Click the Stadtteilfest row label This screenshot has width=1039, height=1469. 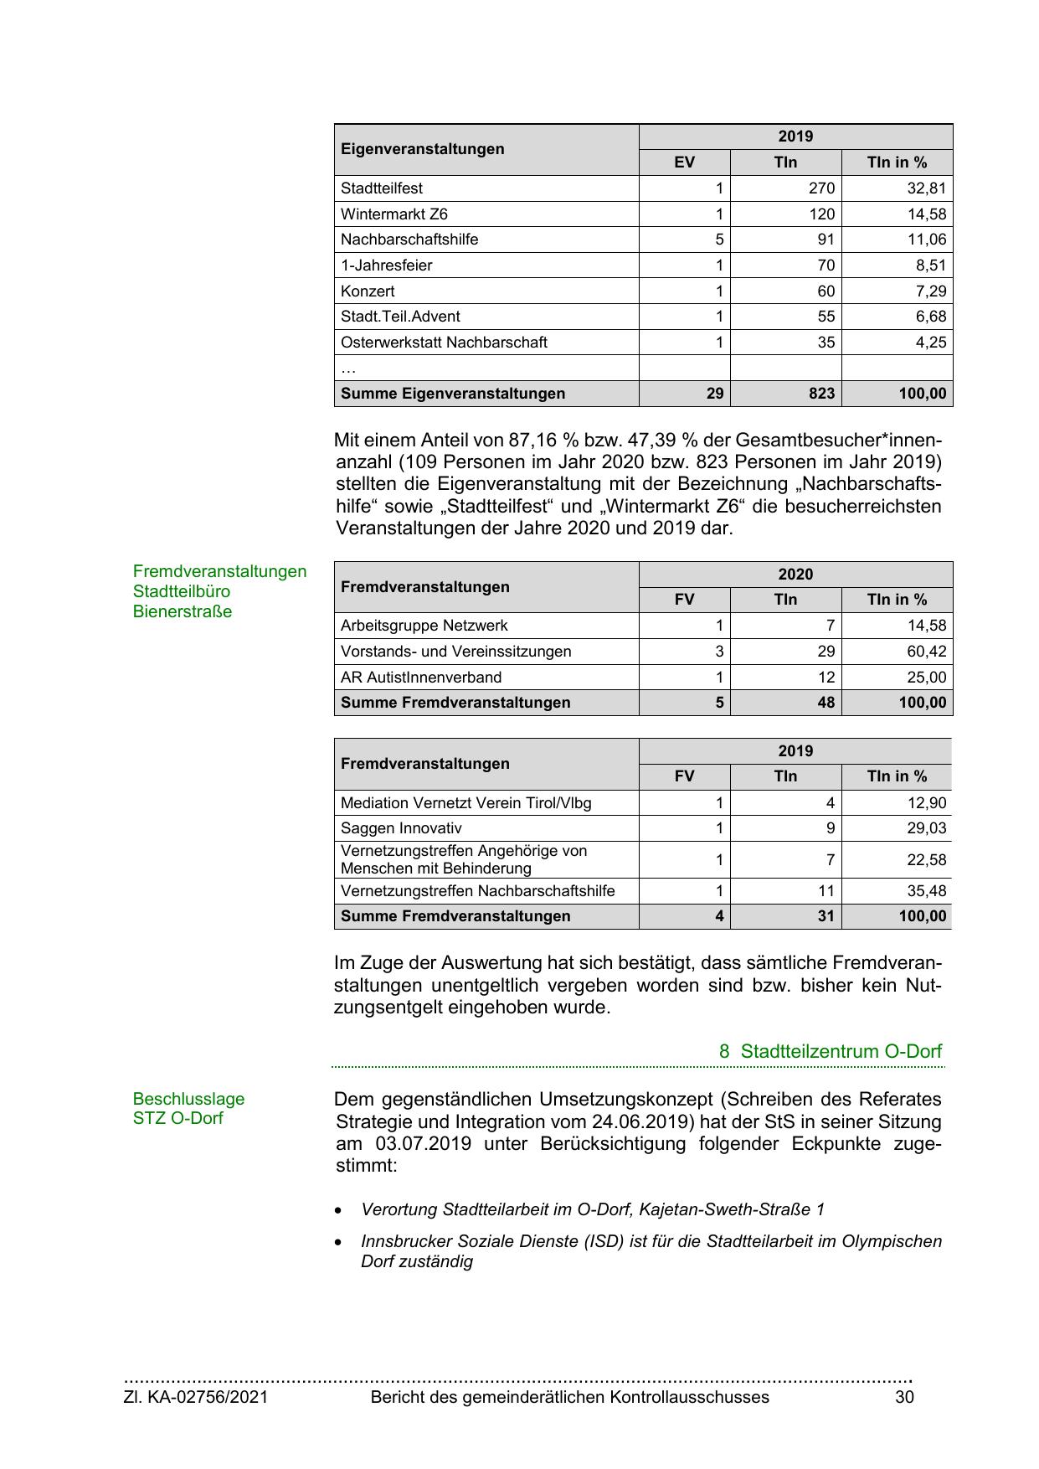coord(382,188)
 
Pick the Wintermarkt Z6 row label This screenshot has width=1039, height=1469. coord(393,214)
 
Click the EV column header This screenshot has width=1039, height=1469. coord(684,162)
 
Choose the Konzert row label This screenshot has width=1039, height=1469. coord(368,291)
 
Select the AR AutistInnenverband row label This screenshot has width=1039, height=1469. coord(421,678)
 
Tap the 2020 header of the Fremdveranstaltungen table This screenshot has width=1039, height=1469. coord(795,575)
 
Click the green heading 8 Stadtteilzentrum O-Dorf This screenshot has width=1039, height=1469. coord(830,1051)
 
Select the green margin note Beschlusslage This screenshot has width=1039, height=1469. coord(188,1099)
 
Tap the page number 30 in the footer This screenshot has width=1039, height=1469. coord(904,1397)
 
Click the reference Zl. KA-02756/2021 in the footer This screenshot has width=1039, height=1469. coord(196,1397)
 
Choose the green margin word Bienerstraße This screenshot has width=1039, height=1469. coord(183,611)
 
